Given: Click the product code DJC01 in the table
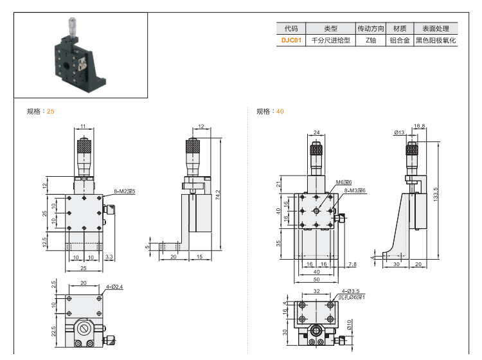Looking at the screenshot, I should (290, 40).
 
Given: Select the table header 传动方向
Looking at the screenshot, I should (371, 28).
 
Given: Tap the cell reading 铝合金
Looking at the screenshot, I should (400, 40).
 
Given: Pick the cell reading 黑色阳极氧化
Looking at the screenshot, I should (435, 40).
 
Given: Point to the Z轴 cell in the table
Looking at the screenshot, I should (371, 40).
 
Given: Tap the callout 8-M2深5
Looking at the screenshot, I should (125, 191).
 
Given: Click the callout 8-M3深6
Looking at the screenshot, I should (354, 190).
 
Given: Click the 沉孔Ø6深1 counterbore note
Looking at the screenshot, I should (352, 298).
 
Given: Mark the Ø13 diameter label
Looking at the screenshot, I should (399, 133).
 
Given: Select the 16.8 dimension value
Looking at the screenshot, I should (419, 126).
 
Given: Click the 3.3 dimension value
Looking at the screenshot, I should (109, 257).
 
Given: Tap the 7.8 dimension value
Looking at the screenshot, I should (352, 264).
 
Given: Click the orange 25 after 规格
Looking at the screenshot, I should (51, 111).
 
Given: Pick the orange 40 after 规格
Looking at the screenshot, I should (280, 111).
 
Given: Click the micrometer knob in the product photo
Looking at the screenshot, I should (70, 28).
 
